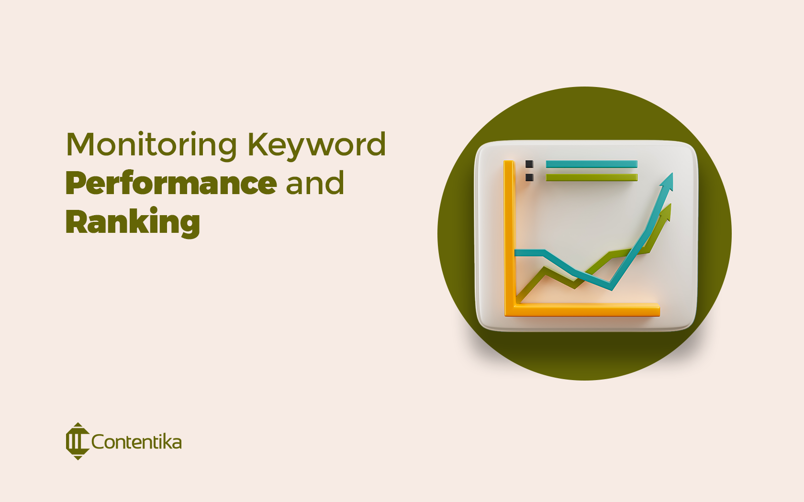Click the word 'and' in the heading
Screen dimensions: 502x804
(314, 184)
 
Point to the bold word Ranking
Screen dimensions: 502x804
(133, 223)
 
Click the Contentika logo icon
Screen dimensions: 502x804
(77, 441)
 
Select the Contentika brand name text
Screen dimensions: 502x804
(136, 442)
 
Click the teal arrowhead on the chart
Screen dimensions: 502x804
(668, 182)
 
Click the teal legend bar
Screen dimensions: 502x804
(592, 164)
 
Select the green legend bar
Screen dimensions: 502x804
(592, 177)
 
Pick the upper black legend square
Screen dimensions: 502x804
(529, 164)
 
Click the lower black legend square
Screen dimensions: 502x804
(529, 177)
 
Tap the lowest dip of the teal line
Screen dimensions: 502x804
(611, 288)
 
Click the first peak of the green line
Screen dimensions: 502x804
(545, 270)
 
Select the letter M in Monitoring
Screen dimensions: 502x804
(79, 144)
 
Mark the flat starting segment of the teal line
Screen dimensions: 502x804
(529, 252)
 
